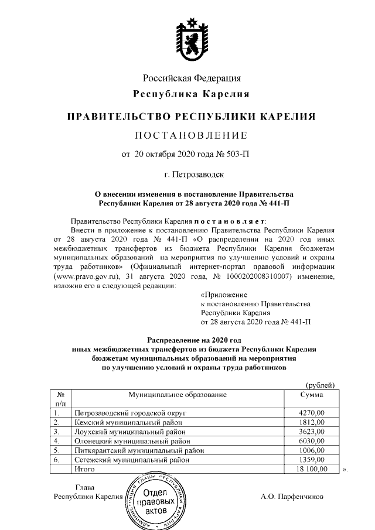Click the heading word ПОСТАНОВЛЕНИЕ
tap(191, 136)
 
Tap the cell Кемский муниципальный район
tap(121, 422)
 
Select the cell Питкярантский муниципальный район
tap(132, 450)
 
